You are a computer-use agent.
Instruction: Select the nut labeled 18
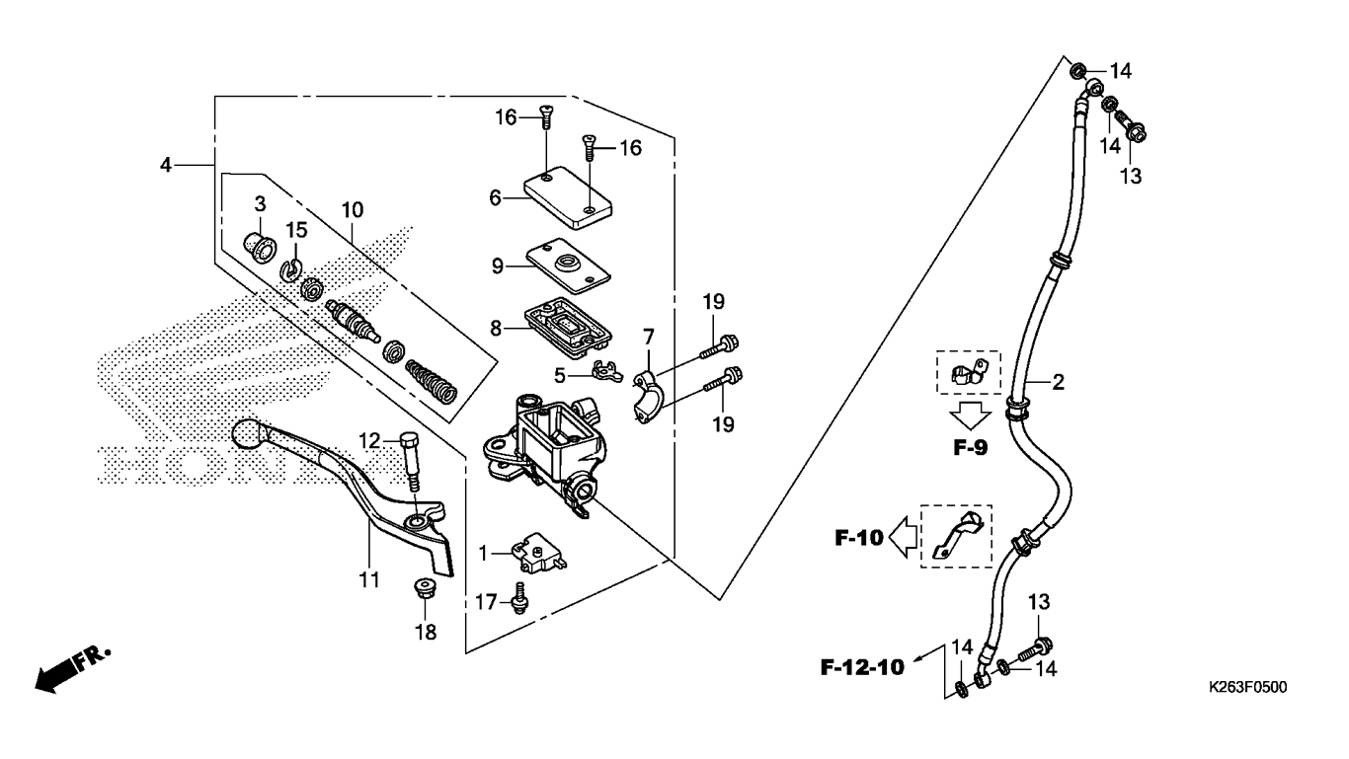(x=426, y=588)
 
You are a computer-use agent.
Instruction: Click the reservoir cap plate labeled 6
(x=568, y=197)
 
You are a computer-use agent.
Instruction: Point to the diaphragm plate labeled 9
(x=568, y=266)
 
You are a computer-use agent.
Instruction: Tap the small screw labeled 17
(x=518, y=598)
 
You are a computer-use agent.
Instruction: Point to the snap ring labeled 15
(x=292, y=270)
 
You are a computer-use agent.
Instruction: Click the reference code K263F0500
(x=1247, y=687)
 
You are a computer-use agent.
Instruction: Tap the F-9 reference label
(x=970, y=448)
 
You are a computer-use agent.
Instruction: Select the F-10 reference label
(x=859, y=538)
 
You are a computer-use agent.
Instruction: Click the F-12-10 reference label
(x=862, y=667)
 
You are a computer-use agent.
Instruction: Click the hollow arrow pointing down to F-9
(x=970, y=415)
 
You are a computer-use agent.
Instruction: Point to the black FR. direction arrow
(x=72, y=670)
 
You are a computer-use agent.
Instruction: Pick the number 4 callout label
(x=166, y=164)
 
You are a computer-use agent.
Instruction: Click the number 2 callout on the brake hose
(x=1058, y=382)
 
